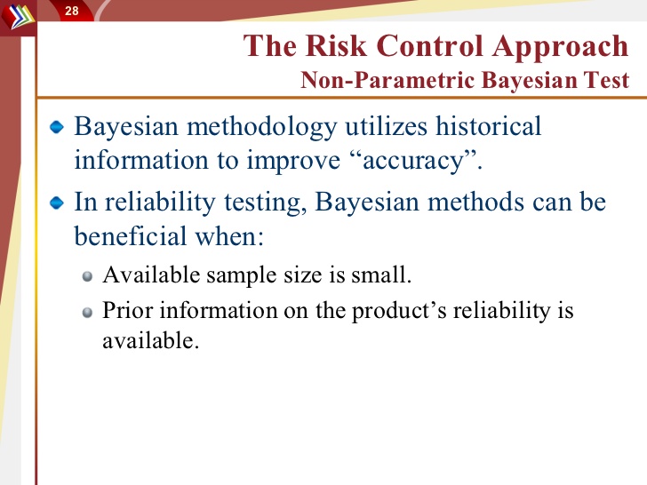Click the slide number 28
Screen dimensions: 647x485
click(x=71, y=11)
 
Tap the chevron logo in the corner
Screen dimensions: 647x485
click(x=18, y=17)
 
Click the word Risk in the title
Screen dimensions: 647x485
click(x=336, y=45)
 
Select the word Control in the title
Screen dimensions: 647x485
click(x=429, y=45)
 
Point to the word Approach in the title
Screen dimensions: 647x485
click(x=560, y=47)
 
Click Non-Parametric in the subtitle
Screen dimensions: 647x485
click(x=387, y=80)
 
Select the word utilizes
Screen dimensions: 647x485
click(x=386, y=126)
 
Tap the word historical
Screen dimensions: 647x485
click(x=488, y=126)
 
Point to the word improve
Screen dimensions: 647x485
click(x=293, y=162)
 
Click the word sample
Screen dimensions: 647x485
click(x=242, y=275)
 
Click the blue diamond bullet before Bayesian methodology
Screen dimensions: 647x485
click(x=57, y=127)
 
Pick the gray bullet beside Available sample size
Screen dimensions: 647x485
click(x=87, y=276)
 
